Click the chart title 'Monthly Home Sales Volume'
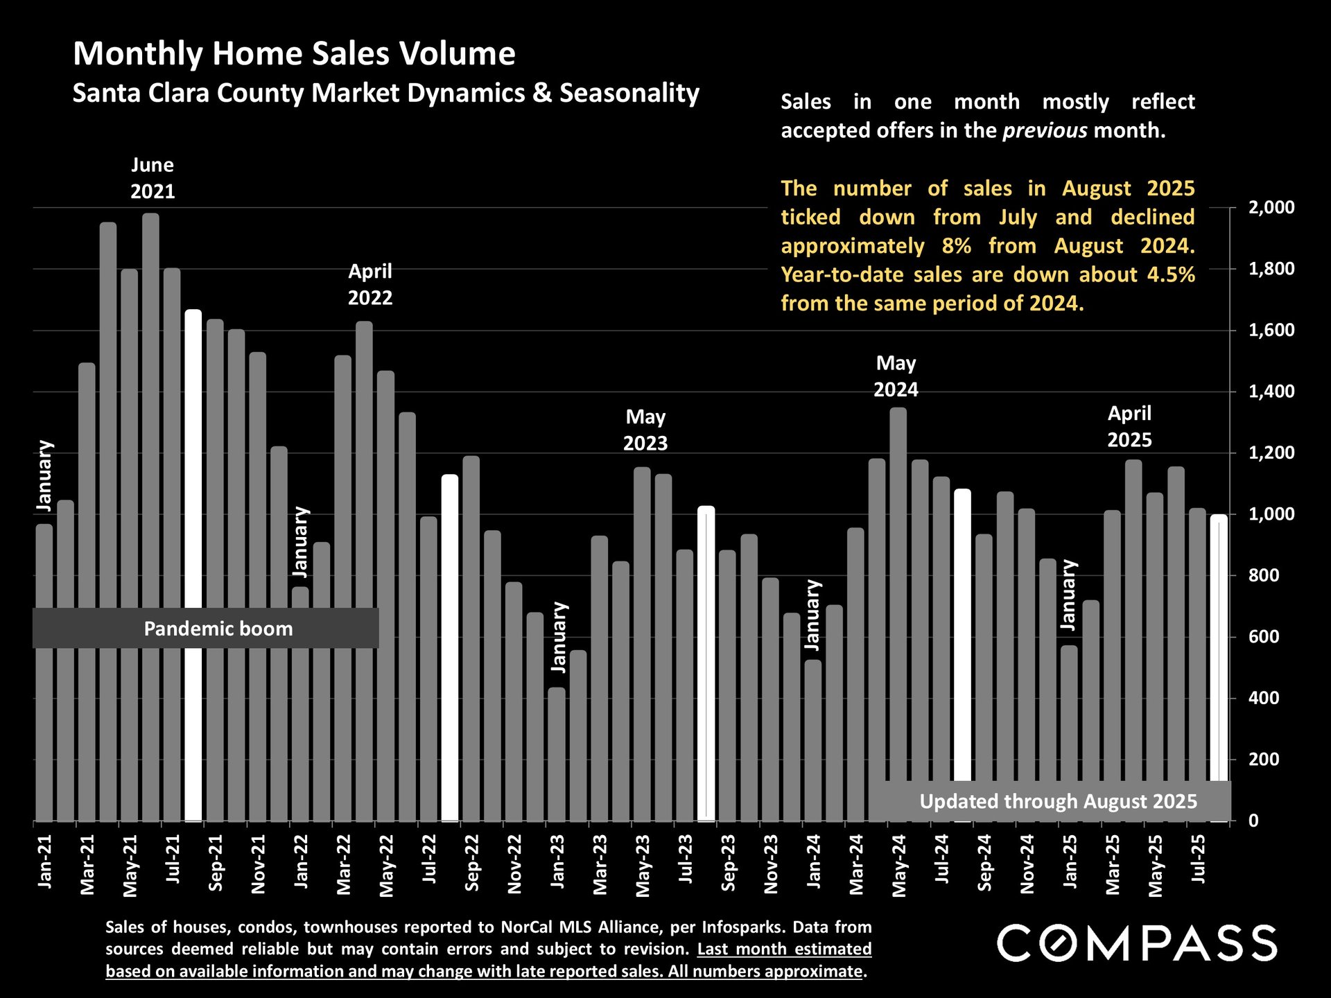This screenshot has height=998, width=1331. (294, 54)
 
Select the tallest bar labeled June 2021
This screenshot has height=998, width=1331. (150, 516)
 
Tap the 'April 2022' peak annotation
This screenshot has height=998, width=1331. (369, 284)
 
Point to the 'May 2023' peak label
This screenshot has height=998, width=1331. (645, 430)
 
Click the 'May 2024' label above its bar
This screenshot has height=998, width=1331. (896, 376)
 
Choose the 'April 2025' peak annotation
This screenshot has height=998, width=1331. (1129, 426)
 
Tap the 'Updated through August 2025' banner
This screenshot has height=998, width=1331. (1058, 801)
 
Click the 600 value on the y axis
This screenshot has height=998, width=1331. (1263, 637)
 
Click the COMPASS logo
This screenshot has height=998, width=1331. (1137, 943)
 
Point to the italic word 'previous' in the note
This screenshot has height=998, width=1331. (1045, 130)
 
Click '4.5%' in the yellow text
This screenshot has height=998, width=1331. (1171, 274)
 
